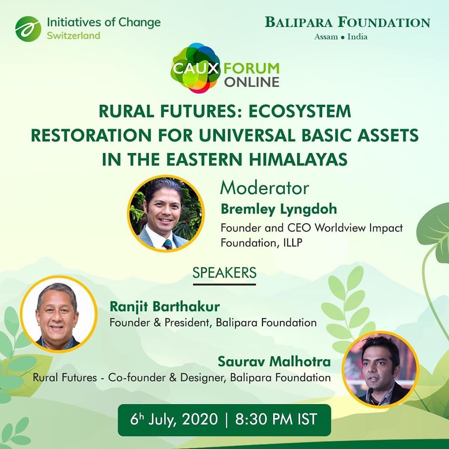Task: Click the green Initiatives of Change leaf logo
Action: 28,29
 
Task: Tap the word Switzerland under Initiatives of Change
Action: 74,36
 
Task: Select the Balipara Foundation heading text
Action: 348,22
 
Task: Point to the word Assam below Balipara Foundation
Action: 326,37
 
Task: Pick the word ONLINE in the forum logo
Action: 252,82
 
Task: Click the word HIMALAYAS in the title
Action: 298,160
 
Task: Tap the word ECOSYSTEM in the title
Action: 299,111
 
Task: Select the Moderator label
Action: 264,188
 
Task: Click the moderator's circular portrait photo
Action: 166,214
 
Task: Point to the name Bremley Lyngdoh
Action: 279,209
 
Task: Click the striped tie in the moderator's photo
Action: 168,244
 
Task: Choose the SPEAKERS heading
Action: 224,273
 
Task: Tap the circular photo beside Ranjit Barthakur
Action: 59,314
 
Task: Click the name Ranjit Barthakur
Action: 165,307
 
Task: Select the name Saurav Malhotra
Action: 274,361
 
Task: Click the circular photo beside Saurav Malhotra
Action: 380,370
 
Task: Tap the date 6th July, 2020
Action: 174,419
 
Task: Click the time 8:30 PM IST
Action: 276,419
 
